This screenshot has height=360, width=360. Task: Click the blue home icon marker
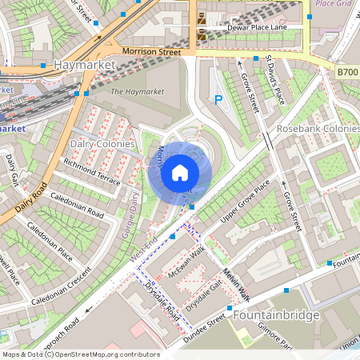tap(180, 173)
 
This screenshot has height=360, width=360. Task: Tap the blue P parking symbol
tap(218, 100)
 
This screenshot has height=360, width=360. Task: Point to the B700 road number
tap(347, 72)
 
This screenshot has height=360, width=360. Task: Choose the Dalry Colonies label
tap(103, 143)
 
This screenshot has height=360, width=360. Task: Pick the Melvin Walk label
tap(236, 285)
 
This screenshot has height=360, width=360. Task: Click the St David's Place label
tap(276, 80)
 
